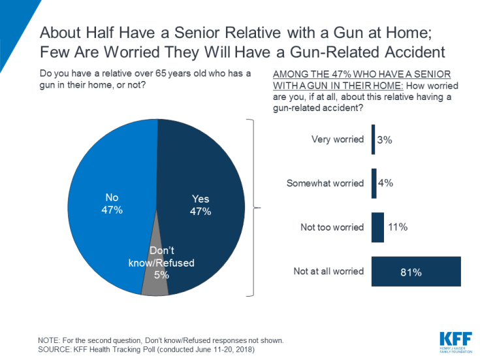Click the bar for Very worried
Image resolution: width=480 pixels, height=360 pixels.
tap(373, 139)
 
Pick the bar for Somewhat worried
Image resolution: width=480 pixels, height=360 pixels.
tap(374, 183)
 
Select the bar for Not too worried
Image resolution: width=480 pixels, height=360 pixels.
tap(377, 227)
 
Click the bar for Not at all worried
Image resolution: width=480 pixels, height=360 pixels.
tap(416, 272)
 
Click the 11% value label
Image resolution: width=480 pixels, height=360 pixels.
tap(397, 227)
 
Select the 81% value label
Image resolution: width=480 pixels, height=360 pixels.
tap(411, 272)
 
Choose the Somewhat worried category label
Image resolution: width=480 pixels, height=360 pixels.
tap(325, 183)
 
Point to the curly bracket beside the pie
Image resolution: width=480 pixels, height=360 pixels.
tap(251, 208)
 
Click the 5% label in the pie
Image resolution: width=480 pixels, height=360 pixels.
tap(161, 274)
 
